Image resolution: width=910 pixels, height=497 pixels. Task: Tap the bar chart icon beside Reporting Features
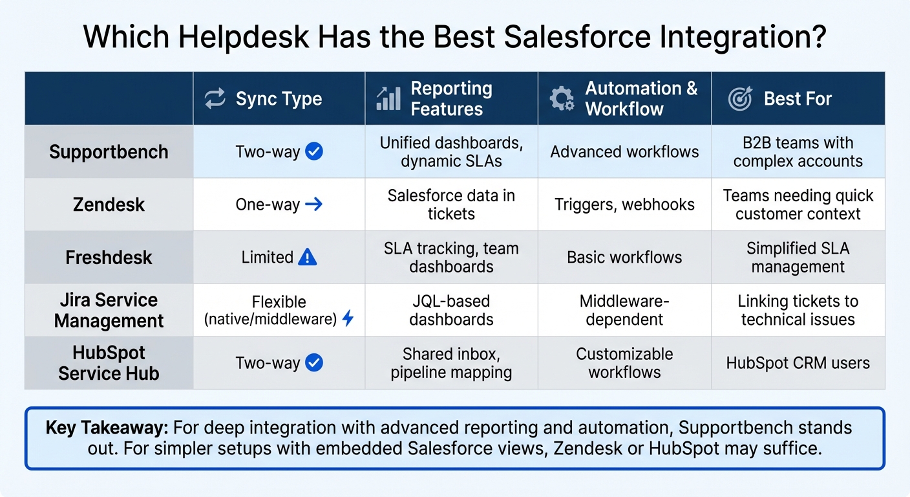pyautogui.click(x=388, y=98)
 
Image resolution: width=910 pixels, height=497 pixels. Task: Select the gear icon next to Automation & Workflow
pyautogui.click(x=561, y=98)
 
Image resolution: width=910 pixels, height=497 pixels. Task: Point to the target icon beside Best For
pyautogui.click(x=740, y=98)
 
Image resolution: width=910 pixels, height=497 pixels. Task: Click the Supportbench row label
pyautogui.click(x=109, y=152)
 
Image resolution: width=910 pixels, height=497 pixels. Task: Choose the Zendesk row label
pyautogui.click(x=109, y=204)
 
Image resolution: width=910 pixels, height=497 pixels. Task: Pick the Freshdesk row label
pyautogui.click(x=109, y=257)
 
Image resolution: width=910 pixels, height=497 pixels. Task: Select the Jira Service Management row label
pyautogui.click(x=109, y=310)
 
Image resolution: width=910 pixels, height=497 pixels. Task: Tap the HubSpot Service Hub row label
pyautogui.click(x=109, y=363)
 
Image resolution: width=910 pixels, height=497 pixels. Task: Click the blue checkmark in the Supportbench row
pyautogui.click(x=314, y=152)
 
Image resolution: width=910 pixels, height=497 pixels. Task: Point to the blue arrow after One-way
pyautogui.click(x=313, y=204)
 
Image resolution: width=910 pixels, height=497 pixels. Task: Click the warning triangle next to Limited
pyautogui.click(x=308, y=257)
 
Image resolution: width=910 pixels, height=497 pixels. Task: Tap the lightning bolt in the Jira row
pyautogui.click(x=348, y=318)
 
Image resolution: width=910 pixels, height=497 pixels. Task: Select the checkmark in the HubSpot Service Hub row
pyautogui.click(x=314, y=363)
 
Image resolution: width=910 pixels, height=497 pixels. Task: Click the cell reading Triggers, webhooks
pyautogui.click(x=624, y=204)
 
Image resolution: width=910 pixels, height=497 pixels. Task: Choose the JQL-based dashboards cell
pyautogui.click(x=451, y=310)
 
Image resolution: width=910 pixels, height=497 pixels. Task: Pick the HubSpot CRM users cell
pyautogui.click(x=798, y=363)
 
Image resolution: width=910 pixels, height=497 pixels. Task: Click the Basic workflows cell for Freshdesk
pyautogui.click(x=624, y=257)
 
